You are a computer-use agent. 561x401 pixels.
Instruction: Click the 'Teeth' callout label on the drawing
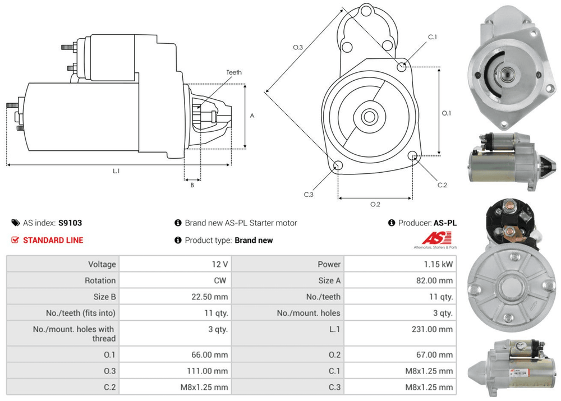click(x=234, y=72)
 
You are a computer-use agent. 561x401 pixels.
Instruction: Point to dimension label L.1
click(x=116, y=171)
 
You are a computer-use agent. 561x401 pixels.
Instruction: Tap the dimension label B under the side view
click(x=192, y=185)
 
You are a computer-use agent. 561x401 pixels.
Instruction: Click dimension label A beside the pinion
click(x=252, y=116)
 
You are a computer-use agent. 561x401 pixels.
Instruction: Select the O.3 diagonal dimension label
click(x=298, y=47)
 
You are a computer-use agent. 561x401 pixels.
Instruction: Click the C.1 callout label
click(x=432, y=37)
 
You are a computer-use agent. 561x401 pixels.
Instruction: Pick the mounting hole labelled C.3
click(x=338, y=165)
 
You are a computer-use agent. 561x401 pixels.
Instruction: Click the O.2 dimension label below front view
click(x=375, y=204)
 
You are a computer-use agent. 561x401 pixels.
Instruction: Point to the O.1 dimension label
click(x=447, y=113)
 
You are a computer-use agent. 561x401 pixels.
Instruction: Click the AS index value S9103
click(x=70, y=223)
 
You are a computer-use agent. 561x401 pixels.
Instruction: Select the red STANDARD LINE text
click(x=53, y=240)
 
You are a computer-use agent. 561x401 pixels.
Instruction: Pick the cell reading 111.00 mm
click(x=208, y=371)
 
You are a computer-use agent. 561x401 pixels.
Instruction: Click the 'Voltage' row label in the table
click(x=102, y=264)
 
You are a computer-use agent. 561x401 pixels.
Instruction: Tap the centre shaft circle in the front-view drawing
click(x=369, y=117)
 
